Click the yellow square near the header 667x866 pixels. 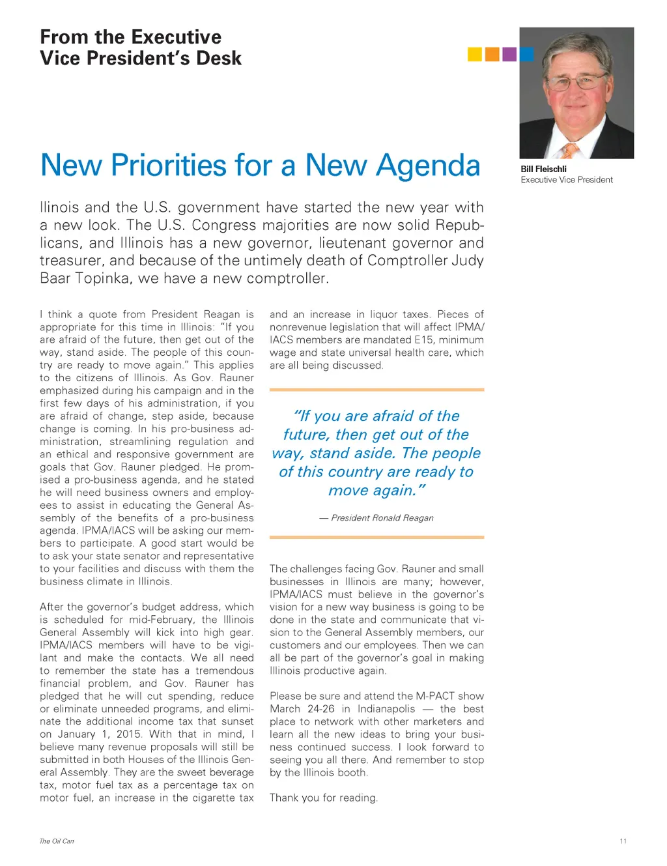coord(475,54)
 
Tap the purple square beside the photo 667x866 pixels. coord(509,54)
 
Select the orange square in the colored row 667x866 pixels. coord(492,54)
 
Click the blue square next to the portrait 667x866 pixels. coord(526,54)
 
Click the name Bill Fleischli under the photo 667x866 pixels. coord(543,169)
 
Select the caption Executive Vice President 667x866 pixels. coord(567,180)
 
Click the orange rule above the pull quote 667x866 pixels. coord(376,390)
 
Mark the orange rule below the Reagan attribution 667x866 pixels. coord(376,538)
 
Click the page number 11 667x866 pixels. coord(623,841)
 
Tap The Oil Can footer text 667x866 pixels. coord(57,841)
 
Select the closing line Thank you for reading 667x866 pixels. coord(324,798)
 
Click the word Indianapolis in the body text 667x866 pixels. coord(386,709)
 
